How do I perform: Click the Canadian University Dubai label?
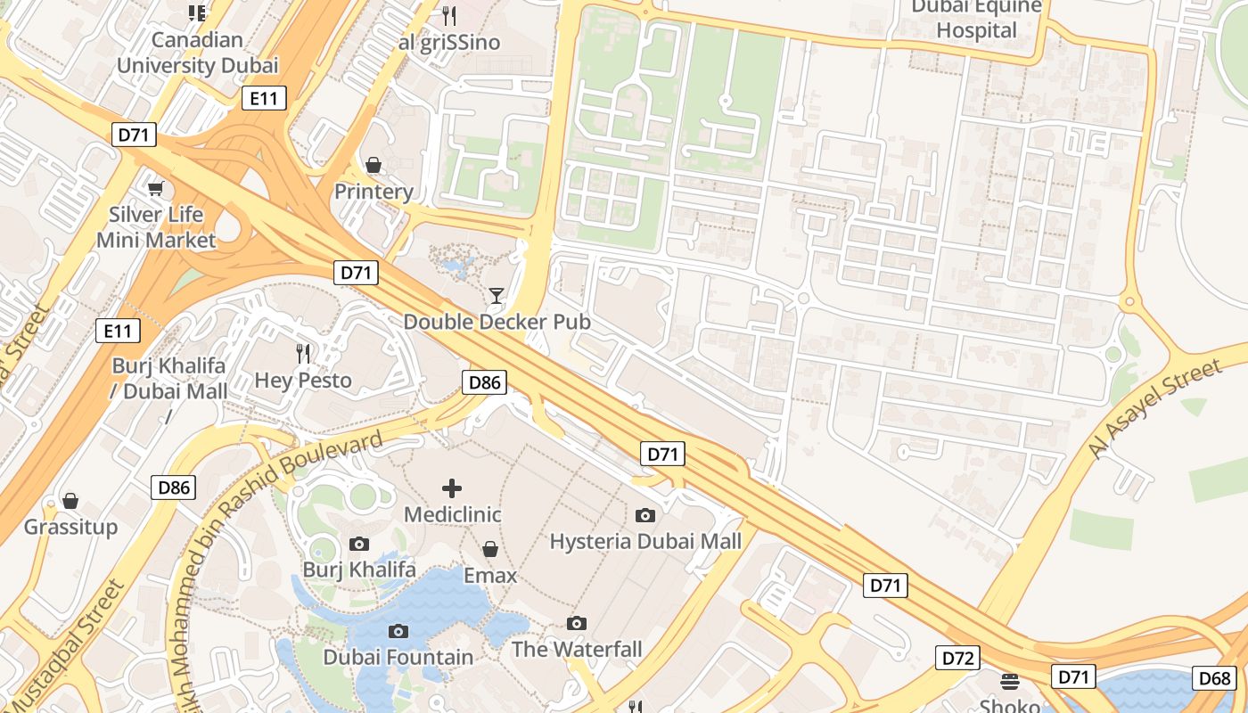(x=197, y=53)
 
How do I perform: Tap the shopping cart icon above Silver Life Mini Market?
(x=156, y=188)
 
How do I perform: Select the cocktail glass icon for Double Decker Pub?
(x=497, y=296)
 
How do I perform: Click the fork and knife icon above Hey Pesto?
(x=303, y=354)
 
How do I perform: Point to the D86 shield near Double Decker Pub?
(x=484, y=382)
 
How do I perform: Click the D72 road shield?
(x=957, y=659)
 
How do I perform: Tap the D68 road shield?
(x=1215, y=678)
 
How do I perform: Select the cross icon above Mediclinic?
(x=452, y=488)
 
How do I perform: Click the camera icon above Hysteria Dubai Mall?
(x=645, y=515)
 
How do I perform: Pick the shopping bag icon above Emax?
(x=489, y=549)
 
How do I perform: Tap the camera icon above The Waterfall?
(x=577, y=623)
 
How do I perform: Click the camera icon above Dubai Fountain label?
(x=398, y=631)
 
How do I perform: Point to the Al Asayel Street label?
(x=1155, y=409)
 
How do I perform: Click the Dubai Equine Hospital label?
(x=976, y=20)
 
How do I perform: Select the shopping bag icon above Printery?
(x=374, y=165)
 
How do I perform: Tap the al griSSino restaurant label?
(x=449, y=42)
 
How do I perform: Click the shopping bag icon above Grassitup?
(x=70, y=501)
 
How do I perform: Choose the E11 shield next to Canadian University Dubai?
(x=264, y=99)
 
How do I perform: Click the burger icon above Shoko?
(x=1010, y=682)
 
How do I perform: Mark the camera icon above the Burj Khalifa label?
(x=359, y=544)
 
